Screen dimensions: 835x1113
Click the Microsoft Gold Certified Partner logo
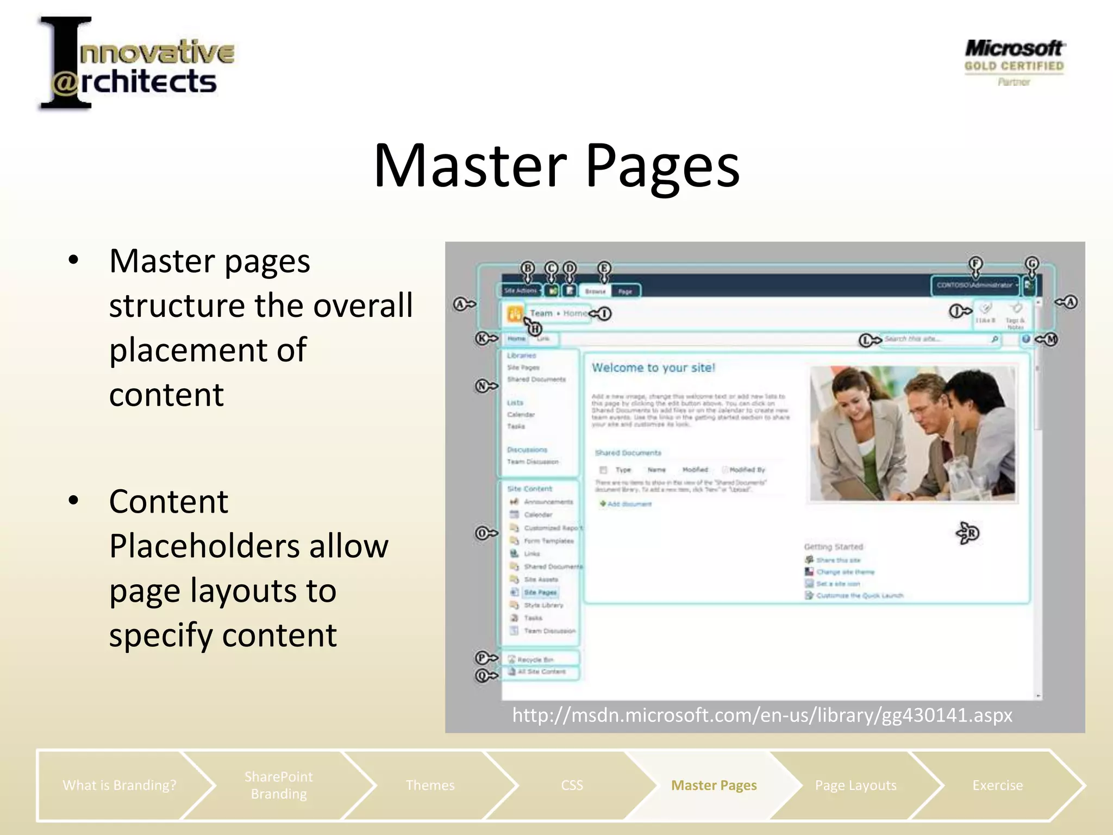pos(1014,63)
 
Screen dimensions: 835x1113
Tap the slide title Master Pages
pos(556,165)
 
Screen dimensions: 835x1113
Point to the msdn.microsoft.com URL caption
pos(762,714)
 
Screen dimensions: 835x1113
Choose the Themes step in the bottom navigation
pos(430,785)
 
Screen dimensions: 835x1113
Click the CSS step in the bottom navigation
pos(572,785)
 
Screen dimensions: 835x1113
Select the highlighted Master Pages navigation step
pos(714,785)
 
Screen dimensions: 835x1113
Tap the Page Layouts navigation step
pos(855,785)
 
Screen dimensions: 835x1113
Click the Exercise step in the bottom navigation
pos(997,785)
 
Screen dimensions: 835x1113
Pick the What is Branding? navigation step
pos(119,785)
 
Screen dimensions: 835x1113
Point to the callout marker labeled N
pos(482,386)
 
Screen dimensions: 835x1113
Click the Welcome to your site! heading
pos(653,367)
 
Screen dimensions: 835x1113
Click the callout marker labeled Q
pos(482,676)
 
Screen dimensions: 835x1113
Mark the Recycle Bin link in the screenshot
pos(535,659)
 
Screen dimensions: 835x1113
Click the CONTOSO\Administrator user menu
pos(975,285)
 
